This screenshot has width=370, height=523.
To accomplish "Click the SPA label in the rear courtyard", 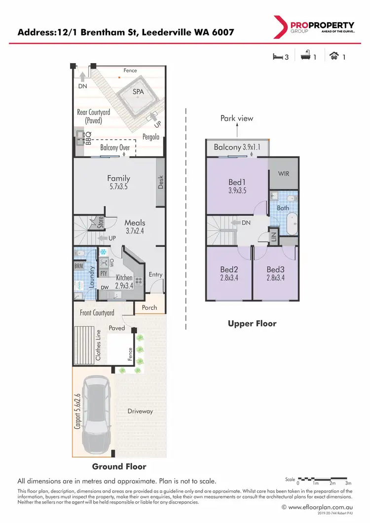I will [139, 92].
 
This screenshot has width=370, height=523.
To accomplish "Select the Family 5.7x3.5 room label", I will [119, 183].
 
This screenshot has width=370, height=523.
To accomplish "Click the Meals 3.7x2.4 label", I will [134, 226].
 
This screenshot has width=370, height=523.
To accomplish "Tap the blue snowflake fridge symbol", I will [104, 252].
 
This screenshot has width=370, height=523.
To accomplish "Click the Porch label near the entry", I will [149, 307].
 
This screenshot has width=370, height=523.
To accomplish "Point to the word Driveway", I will [140, 411].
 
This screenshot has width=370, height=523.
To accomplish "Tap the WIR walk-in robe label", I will [283, 174].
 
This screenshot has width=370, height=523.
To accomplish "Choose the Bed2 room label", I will [229, 274].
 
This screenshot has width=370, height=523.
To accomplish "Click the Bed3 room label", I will [276, 274].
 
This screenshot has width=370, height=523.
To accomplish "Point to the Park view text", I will [236, 118].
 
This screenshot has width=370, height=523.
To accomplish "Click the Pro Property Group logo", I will [313, 27].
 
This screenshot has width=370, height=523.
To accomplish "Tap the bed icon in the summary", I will [277, 57].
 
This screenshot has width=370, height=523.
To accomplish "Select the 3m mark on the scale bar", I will [348, 484].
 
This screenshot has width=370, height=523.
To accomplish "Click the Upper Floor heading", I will [252, 324].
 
